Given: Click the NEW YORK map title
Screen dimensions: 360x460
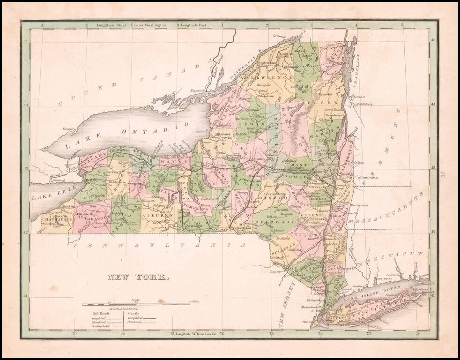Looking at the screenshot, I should (x=139, y=277).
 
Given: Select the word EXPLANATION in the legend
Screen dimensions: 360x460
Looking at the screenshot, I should (x=124, y=309).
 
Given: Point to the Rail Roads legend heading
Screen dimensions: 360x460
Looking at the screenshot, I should (x=98, y=314).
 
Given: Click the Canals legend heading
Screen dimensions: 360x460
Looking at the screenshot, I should (x=133, y=314).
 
